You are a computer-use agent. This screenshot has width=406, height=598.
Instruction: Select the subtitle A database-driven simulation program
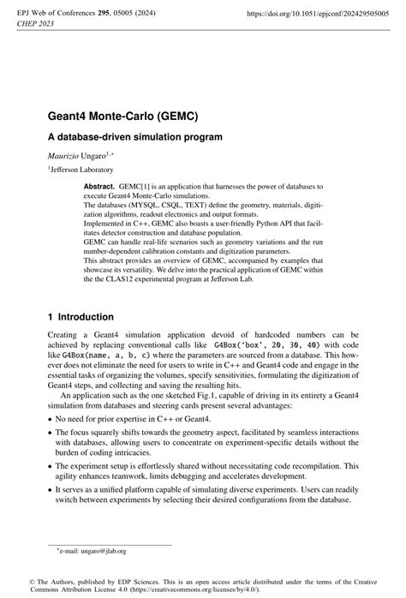coord(134,136)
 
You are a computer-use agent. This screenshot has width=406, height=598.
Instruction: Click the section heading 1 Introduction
coord(86,316)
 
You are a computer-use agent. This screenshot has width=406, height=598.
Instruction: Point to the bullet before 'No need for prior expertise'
coord(50,420)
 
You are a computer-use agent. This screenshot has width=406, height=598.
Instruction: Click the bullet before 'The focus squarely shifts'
coord(50,434)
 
